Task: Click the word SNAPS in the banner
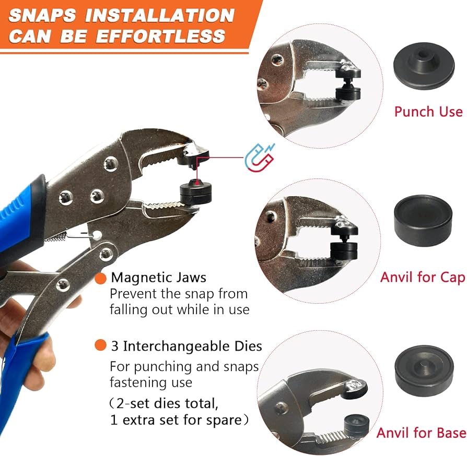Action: tap(42, 15)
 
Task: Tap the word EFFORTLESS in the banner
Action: tap(160, 37)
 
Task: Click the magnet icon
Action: tap(260, 158)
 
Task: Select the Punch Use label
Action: tap(428, 112)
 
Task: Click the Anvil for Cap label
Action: tap(423, 277)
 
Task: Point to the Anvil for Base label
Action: tap(421, 433)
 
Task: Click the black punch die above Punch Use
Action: tap(424, 66)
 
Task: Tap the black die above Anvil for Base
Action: tap(424, 370)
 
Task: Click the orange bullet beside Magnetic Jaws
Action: tap(100, 278)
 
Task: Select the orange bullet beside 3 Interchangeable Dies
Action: tap(100, 345)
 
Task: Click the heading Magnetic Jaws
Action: tap(158, 278)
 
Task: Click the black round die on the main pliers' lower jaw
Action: tap(196, 192)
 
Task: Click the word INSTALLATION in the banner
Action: tap(160, 15)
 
